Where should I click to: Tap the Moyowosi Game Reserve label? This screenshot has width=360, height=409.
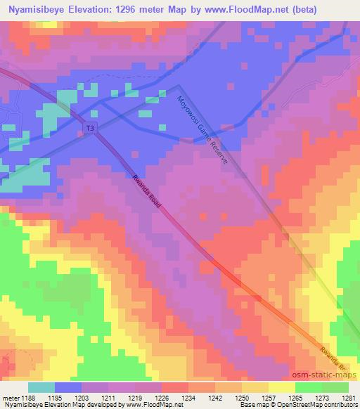[x=202, y=131]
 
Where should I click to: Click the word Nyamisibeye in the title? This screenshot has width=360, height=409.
[x=33, y=10]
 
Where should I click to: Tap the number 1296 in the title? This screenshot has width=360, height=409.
[x=130, y=10]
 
